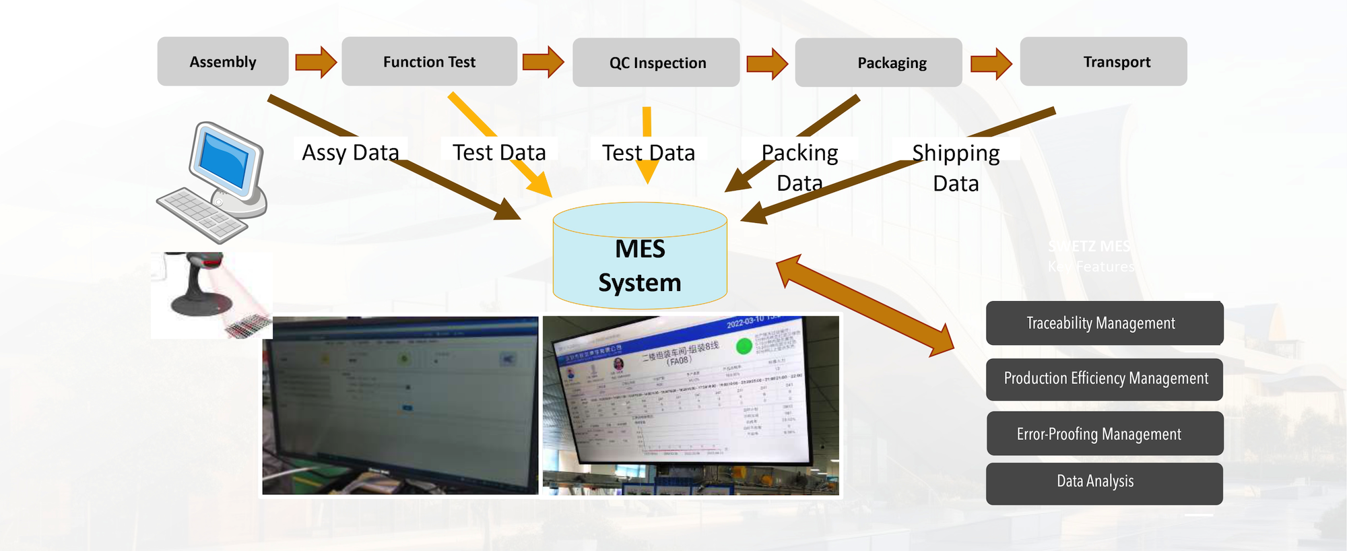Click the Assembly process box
click(x=223, y=61)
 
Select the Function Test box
click(x=429, y=61)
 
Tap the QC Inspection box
click(x=656, y=63)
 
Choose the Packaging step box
click(x=878, y=63)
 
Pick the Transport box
click(x=1103, y=61)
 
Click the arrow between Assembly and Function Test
click(x=316, y=62)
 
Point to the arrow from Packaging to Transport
click(x=991, y=63)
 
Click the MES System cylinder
click(x=640, y=259)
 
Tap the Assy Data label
click(x=350, y=152)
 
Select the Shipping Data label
click(x=956, y=167)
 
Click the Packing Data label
click(x=800, y=167)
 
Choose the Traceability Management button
click(x=1105, y=323)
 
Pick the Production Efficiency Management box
click(x=1105, y=379)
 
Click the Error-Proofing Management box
click(x=1105, y=434)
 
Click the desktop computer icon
click(x=214, y=182)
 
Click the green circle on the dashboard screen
click(x=744, y=346)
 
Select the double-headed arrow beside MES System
click(x=865, y=306)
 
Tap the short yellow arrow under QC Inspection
click(x=647, y=145)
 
